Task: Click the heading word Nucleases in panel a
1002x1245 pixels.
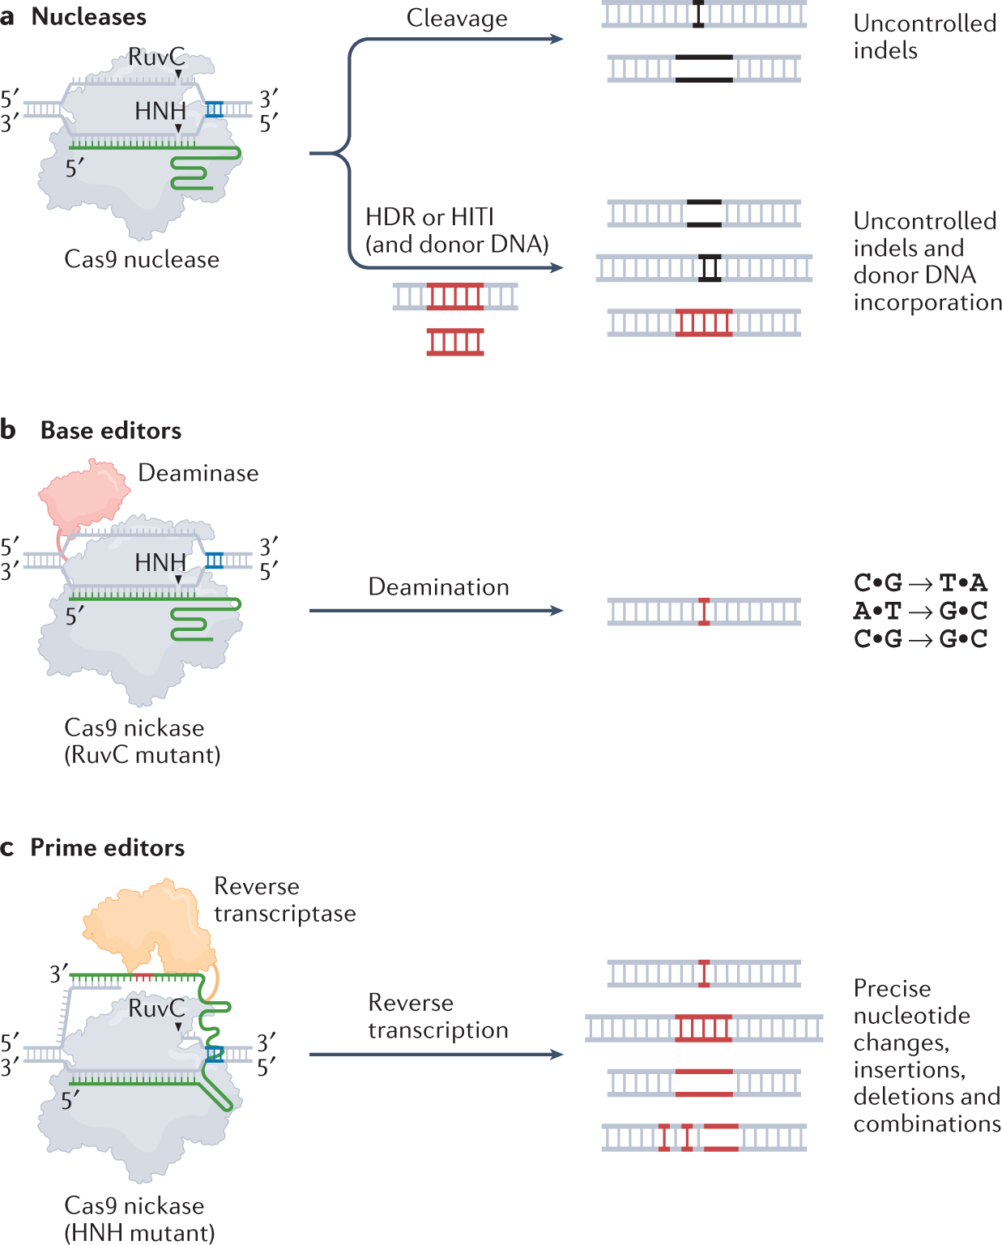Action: point(88,17)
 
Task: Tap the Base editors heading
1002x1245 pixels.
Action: point(110,430)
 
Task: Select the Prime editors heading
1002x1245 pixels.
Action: point(108,847)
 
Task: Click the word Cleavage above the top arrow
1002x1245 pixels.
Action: point(457,18)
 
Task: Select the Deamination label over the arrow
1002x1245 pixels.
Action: point(438,587)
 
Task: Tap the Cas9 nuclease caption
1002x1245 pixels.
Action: point(142,259)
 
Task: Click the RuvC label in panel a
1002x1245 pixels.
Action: point(156,57)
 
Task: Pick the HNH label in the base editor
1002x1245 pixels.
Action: point(160,562)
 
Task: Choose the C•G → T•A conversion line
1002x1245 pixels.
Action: point(920,582)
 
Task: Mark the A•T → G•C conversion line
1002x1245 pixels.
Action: point(920,611)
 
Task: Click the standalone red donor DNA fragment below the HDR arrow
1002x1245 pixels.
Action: point(455,342)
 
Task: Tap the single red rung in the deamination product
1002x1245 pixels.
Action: point(703,612)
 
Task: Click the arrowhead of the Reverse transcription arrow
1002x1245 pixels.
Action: point(557,1055)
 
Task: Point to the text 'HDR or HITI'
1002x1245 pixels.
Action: point(429,217)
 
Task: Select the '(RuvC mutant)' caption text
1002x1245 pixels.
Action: point(143,755)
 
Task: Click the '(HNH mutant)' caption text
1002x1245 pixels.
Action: point(139,1233)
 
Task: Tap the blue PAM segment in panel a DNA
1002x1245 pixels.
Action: point(214,109)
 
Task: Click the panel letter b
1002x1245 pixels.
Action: point(7,430)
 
